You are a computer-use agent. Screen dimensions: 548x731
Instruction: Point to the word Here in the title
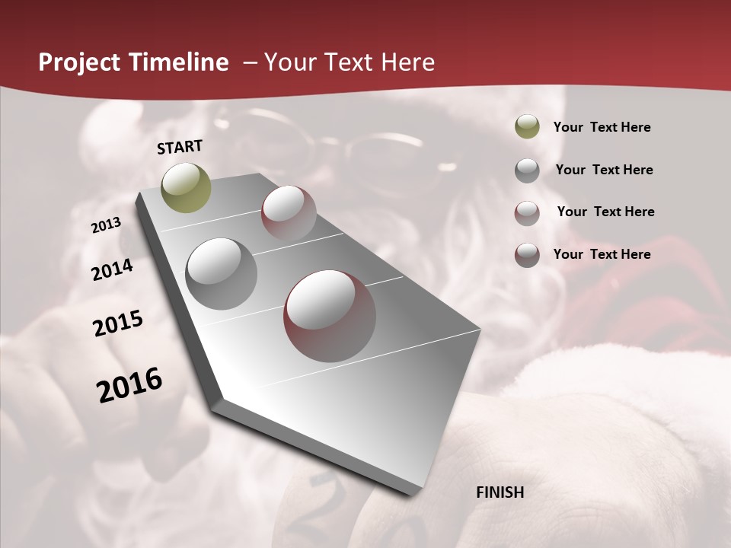pyautogui.click(x=407, y=62)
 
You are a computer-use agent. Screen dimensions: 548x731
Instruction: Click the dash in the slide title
pyautogui.click(x=249, y=62)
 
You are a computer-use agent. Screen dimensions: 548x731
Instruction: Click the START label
pyautogui.click(x=180, y=147)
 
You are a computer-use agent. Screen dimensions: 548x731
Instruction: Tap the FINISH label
pyautogui.click(x=500, y=492)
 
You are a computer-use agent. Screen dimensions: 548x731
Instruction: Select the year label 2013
pyautogui.click(x=106, y=225)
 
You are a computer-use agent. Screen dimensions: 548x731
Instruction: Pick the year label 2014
pyautogui.click(x=112, y=269)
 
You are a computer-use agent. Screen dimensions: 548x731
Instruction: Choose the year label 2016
pyautogui.click(x=129, y=384)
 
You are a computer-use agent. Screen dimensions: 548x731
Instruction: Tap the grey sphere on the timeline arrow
pyautogui.click(x=221, y=273)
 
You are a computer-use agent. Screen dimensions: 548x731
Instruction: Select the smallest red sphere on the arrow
pyautogui.click(x=289, y=212)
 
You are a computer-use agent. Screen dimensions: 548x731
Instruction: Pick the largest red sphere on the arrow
pyautogui.click(x=329, y=315)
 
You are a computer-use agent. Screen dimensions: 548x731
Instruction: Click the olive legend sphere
pyautogui.click(x=527, y=126)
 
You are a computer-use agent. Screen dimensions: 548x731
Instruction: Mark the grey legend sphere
pyautogui.click(x=527, y=170)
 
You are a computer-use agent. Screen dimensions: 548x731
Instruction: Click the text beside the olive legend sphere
pyautogui.click(x=602, y=127)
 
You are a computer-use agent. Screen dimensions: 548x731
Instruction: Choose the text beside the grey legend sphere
pyautogui.click(x=604, y=170)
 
